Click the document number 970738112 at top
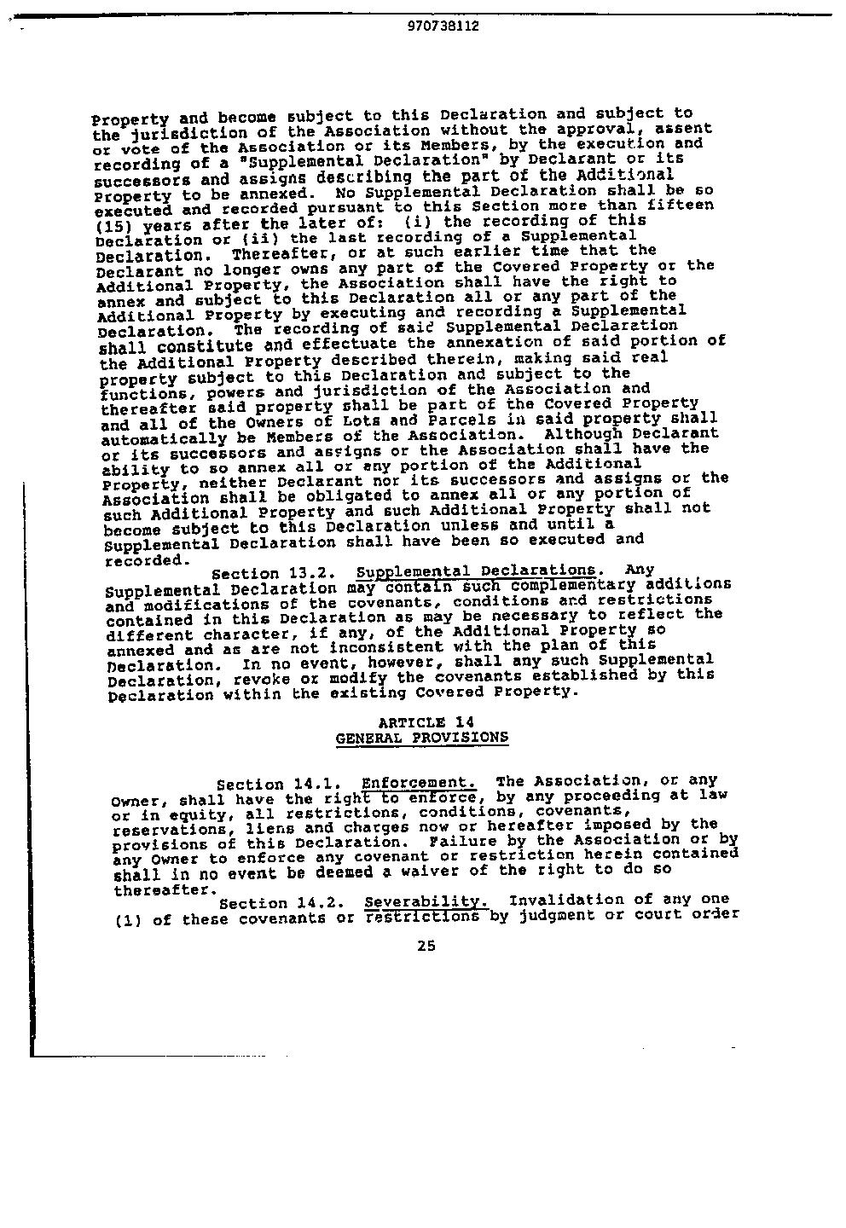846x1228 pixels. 443,26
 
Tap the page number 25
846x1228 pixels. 426,945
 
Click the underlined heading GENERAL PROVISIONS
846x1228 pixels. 422,738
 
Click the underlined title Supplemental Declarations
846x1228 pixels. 476,571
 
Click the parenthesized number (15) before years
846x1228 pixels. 113,227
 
